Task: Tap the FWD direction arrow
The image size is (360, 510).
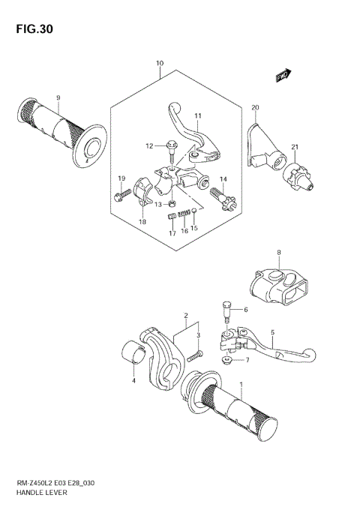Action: (x=283, y=74)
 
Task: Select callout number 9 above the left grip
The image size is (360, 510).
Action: (x=58, y=97)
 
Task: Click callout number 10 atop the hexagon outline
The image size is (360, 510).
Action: (x=160, y=64)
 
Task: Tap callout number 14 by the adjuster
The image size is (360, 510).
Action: (x=223, y=178)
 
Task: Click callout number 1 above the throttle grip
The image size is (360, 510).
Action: (x=241, y=384)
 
